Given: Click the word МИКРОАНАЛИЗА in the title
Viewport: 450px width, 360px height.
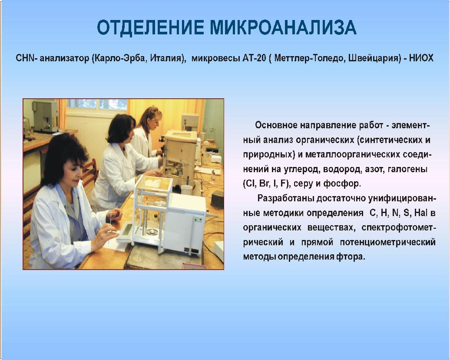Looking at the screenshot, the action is (x=283, y=27).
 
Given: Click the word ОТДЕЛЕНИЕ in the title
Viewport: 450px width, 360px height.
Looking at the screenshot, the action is (x=151, y=27).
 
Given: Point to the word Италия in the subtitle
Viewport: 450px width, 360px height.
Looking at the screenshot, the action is (x=168, y=58).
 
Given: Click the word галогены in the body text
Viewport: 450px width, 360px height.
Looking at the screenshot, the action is (x=407, y=169).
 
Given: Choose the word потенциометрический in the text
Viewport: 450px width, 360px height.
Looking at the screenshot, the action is (x=388, y=242).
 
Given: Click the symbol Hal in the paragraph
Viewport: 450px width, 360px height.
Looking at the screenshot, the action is (x=421, y=213).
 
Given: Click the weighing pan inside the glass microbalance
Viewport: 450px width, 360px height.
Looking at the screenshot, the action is (x=152, y=231).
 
